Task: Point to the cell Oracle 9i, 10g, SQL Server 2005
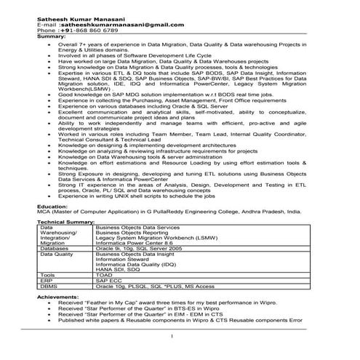[139, 248]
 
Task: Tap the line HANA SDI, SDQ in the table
[118, 269]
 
